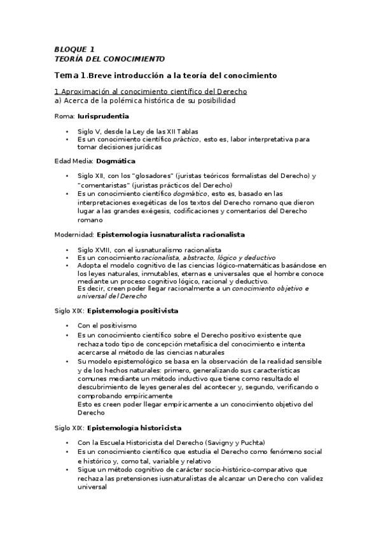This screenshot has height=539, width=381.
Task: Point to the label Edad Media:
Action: click(74, 161)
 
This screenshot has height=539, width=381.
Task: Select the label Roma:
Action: click(64, 116)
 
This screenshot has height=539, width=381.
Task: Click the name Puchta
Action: click(247, 442)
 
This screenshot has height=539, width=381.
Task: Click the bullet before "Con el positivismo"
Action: click(68, 325)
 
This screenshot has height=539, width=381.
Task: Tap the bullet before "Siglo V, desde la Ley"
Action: click(68, 132)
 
